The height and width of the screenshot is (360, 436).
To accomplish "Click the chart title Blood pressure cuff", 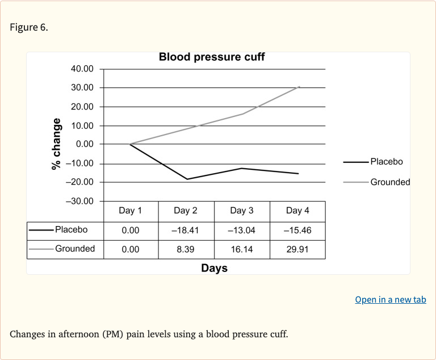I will point(211,57).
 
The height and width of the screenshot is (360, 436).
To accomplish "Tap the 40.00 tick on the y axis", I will point(82,69).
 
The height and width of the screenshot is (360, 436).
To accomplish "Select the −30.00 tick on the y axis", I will point(79,201).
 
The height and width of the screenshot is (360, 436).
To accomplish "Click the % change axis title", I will point(56,144).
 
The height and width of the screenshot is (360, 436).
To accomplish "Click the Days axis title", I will point(214,268).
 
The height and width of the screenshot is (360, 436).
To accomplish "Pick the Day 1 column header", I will point(130,211).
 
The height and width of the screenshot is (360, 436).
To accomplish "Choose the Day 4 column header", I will point(297,211).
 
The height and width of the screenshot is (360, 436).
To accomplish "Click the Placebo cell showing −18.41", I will point(186,231).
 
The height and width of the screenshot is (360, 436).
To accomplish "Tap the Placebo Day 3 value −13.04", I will point(241,231).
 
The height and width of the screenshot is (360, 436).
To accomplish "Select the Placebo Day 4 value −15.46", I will point(297,231).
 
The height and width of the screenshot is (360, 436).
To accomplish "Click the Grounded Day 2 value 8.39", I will point(186,249).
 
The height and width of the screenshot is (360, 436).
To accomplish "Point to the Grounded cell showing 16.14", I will point(241,249).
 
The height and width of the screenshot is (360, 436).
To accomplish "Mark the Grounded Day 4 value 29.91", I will point(297,249).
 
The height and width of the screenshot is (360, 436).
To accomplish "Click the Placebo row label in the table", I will point(71,230).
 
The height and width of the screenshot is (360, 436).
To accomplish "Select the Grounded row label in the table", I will point(74,249).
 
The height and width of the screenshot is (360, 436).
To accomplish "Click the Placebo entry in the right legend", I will point(386,162).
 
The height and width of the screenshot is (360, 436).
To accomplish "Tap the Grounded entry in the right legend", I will point(389,182).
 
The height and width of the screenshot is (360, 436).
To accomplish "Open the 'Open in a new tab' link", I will point(390,300).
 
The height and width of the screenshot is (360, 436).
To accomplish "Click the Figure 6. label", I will point(29,28).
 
